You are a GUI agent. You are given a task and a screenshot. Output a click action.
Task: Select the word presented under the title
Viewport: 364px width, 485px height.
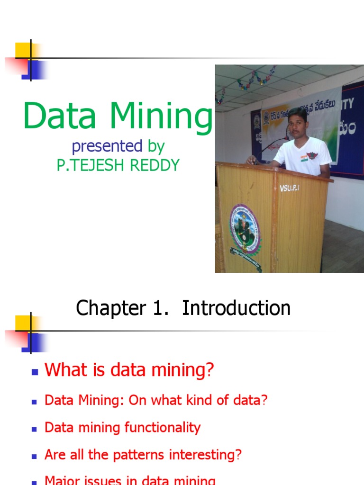[x=107, y=146]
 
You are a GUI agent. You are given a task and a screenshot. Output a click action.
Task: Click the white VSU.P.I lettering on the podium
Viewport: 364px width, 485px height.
[x=289, y=188]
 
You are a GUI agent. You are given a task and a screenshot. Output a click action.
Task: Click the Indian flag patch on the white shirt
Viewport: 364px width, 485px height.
[x=304, y=158]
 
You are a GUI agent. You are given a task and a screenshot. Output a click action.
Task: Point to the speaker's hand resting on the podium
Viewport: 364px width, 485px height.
[x=251, y=161]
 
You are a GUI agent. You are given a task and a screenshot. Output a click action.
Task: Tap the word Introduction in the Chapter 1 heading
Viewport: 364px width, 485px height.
[x=236, y=308]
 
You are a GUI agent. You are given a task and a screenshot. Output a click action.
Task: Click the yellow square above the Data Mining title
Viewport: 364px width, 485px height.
[x=23, y=50]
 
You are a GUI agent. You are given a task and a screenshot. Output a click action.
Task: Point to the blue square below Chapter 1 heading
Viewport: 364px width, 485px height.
[x=34, y=342]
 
